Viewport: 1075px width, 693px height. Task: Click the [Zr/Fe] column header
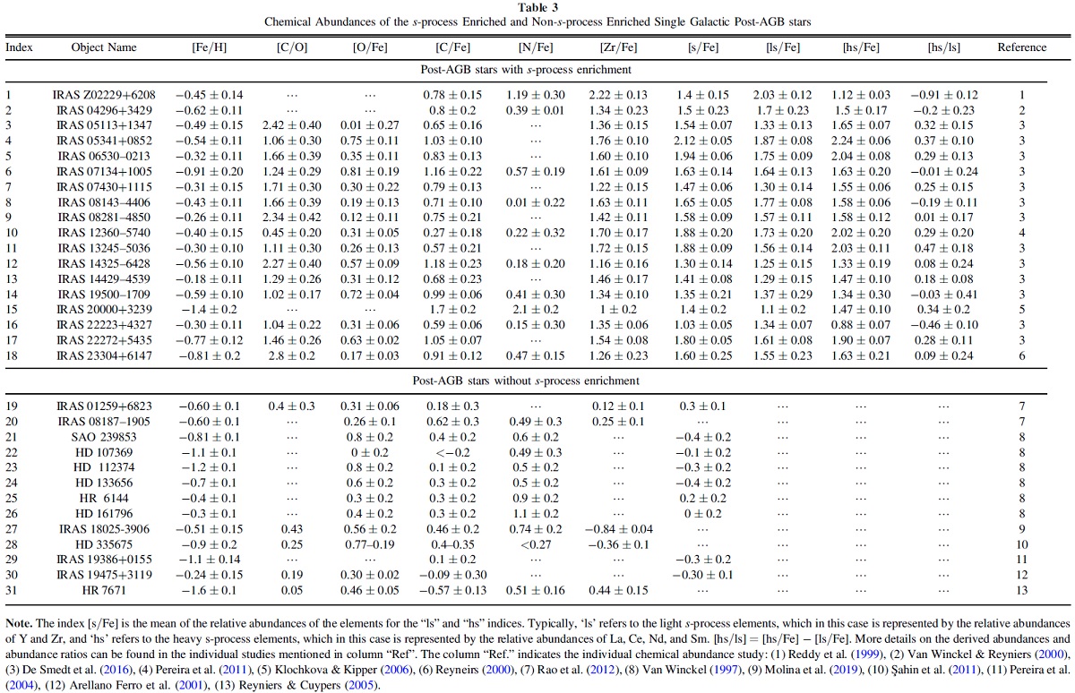pyautogui.click(x=618, y=47)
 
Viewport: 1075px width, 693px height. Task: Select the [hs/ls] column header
pyautogui.click(x=943, y=47)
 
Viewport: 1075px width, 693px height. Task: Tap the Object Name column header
pyautogui.click(x=104, y=47)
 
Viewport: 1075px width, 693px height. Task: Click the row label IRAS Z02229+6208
pyautogui.click(x=104, y=95)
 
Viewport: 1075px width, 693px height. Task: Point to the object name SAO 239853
pyautogui.click(x=104, y=437)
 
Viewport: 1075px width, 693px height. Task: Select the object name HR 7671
pyautogui.click(x=104, y=590)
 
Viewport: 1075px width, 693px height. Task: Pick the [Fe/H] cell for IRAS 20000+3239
pyautogui.click(x=210, y=309)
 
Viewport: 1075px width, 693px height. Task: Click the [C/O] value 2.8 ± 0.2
pyautogui.click(x=292, y=355)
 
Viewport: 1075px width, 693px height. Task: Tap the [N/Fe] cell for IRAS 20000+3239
pyautogui.click(x=535, y=309)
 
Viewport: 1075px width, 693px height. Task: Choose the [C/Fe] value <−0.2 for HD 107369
pyautogui.click(x=452, y=452)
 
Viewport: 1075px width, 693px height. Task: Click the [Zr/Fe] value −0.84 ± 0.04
pyautogui.click(x=618, y=529)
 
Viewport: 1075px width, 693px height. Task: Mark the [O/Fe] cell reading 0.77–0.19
pyautogui.click(x=369, y=544)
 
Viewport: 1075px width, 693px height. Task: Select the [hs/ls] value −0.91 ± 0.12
pyautogui.click(x=943, y=95)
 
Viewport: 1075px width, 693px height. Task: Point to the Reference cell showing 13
pyautogui.click(x=1022, y=590)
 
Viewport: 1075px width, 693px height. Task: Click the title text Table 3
pyautogui.click(x=537, y=8)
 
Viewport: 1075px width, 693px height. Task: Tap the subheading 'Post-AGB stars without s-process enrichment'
pyautogui.click(x=526, y=381)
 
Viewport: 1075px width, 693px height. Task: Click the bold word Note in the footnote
pyautogui.click(x=19, y=623)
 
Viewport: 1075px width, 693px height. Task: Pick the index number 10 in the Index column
pyautogui.click(x=12, y=233)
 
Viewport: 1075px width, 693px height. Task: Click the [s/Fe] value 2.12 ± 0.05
pyautogui.click(x=702, y=141)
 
